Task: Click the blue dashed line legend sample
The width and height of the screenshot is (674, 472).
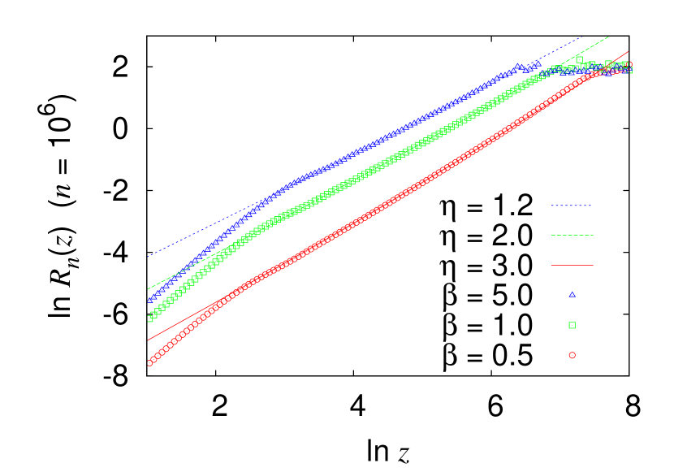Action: (x=572, y=206)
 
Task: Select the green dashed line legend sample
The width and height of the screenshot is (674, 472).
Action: (x=572, y=236)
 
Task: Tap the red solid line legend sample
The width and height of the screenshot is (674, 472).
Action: (x=572, y=265)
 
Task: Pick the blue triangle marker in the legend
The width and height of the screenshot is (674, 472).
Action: (x=572, y=294)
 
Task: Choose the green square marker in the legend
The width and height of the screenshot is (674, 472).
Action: (x=572, y=325)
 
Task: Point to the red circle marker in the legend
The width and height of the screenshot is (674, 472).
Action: (x=572, y=355)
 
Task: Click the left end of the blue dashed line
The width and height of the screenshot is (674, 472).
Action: (x=148, y=256)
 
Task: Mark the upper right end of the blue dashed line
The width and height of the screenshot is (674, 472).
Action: (x=582, y=37)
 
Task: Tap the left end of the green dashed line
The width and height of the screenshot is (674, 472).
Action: (x=148, y=289)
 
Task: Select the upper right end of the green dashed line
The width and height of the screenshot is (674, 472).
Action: (x=609, y=36)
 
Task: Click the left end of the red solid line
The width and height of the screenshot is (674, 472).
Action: (x=148, y=340)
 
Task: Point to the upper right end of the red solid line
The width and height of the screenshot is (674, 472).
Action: (x=629, y=51)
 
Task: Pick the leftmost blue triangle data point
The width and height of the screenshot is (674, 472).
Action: (x=150, y=300)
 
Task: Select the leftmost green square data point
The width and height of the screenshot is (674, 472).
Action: (x=150, y=318)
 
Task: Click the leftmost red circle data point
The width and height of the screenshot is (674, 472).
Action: (x=150, y=363)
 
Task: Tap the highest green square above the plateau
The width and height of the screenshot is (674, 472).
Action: (x=579, y=58)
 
